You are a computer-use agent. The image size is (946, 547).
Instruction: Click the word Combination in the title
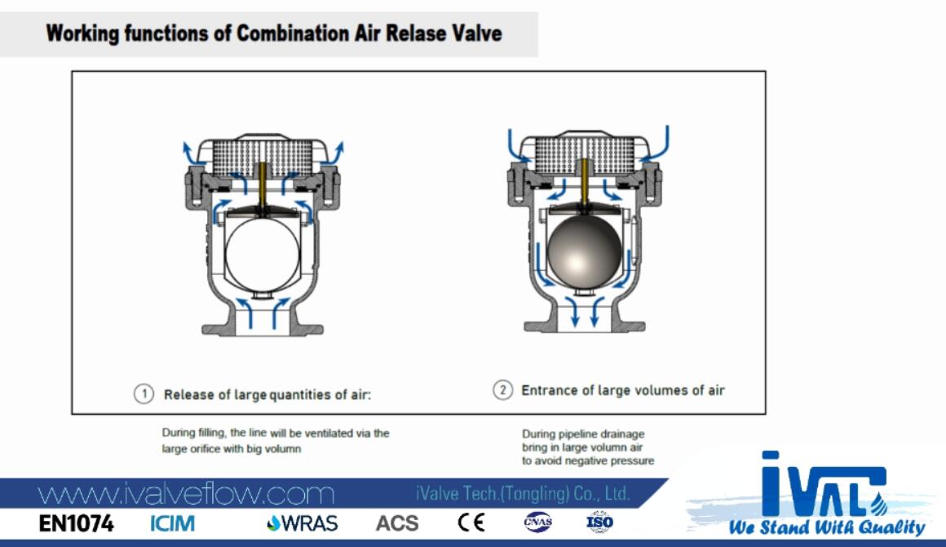click(292, 33)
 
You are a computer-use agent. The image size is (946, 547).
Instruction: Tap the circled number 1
click(144, 394)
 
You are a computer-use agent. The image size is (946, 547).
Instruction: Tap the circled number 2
click(502, 390)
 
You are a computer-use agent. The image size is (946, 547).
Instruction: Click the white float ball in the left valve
click(263, 255)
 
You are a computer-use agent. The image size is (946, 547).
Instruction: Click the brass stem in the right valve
click(584, 180)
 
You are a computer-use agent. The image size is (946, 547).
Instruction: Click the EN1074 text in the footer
click(76, 523)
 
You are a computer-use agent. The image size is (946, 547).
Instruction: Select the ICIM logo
click(173, 523)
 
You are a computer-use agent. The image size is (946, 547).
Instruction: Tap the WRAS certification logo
click(303, 523)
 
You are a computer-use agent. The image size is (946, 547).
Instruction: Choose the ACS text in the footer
click(397, 523)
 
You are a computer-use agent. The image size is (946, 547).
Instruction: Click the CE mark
click(471, 523)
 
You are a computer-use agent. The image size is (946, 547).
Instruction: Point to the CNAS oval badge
click(537, 523)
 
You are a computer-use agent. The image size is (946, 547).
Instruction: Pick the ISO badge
click(599, 523)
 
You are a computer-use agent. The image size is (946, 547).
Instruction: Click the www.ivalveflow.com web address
click(186, 495)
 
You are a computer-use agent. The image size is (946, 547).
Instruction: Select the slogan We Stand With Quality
click(827, 527)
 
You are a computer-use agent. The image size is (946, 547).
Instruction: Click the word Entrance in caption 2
click(549, 390)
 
